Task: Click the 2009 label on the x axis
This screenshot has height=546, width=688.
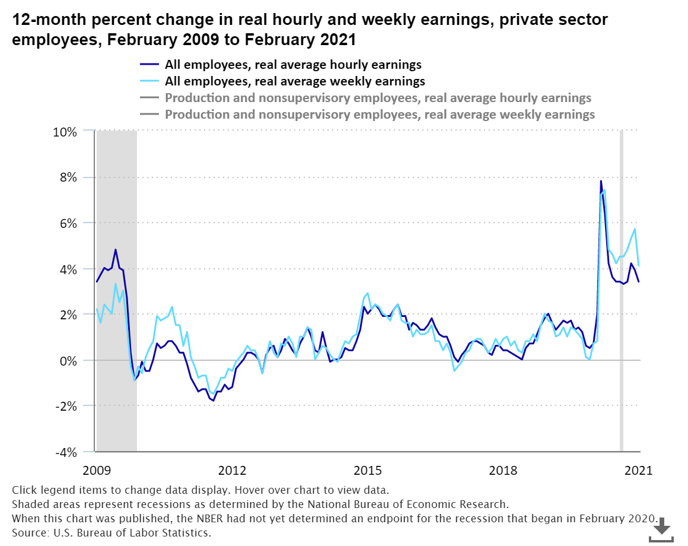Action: (97, 471)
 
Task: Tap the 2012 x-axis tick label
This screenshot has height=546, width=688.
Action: (232, 471)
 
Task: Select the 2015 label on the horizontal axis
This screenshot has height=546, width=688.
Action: (368, 471)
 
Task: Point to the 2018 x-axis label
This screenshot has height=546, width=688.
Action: (503, 471)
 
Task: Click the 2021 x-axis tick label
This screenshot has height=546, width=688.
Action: (638, 471)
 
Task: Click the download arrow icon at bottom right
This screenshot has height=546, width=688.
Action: (662, 528)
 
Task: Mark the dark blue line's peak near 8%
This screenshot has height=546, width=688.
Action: (601, 181)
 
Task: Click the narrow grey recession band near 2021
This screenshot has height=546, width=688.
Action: (622, 297)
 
